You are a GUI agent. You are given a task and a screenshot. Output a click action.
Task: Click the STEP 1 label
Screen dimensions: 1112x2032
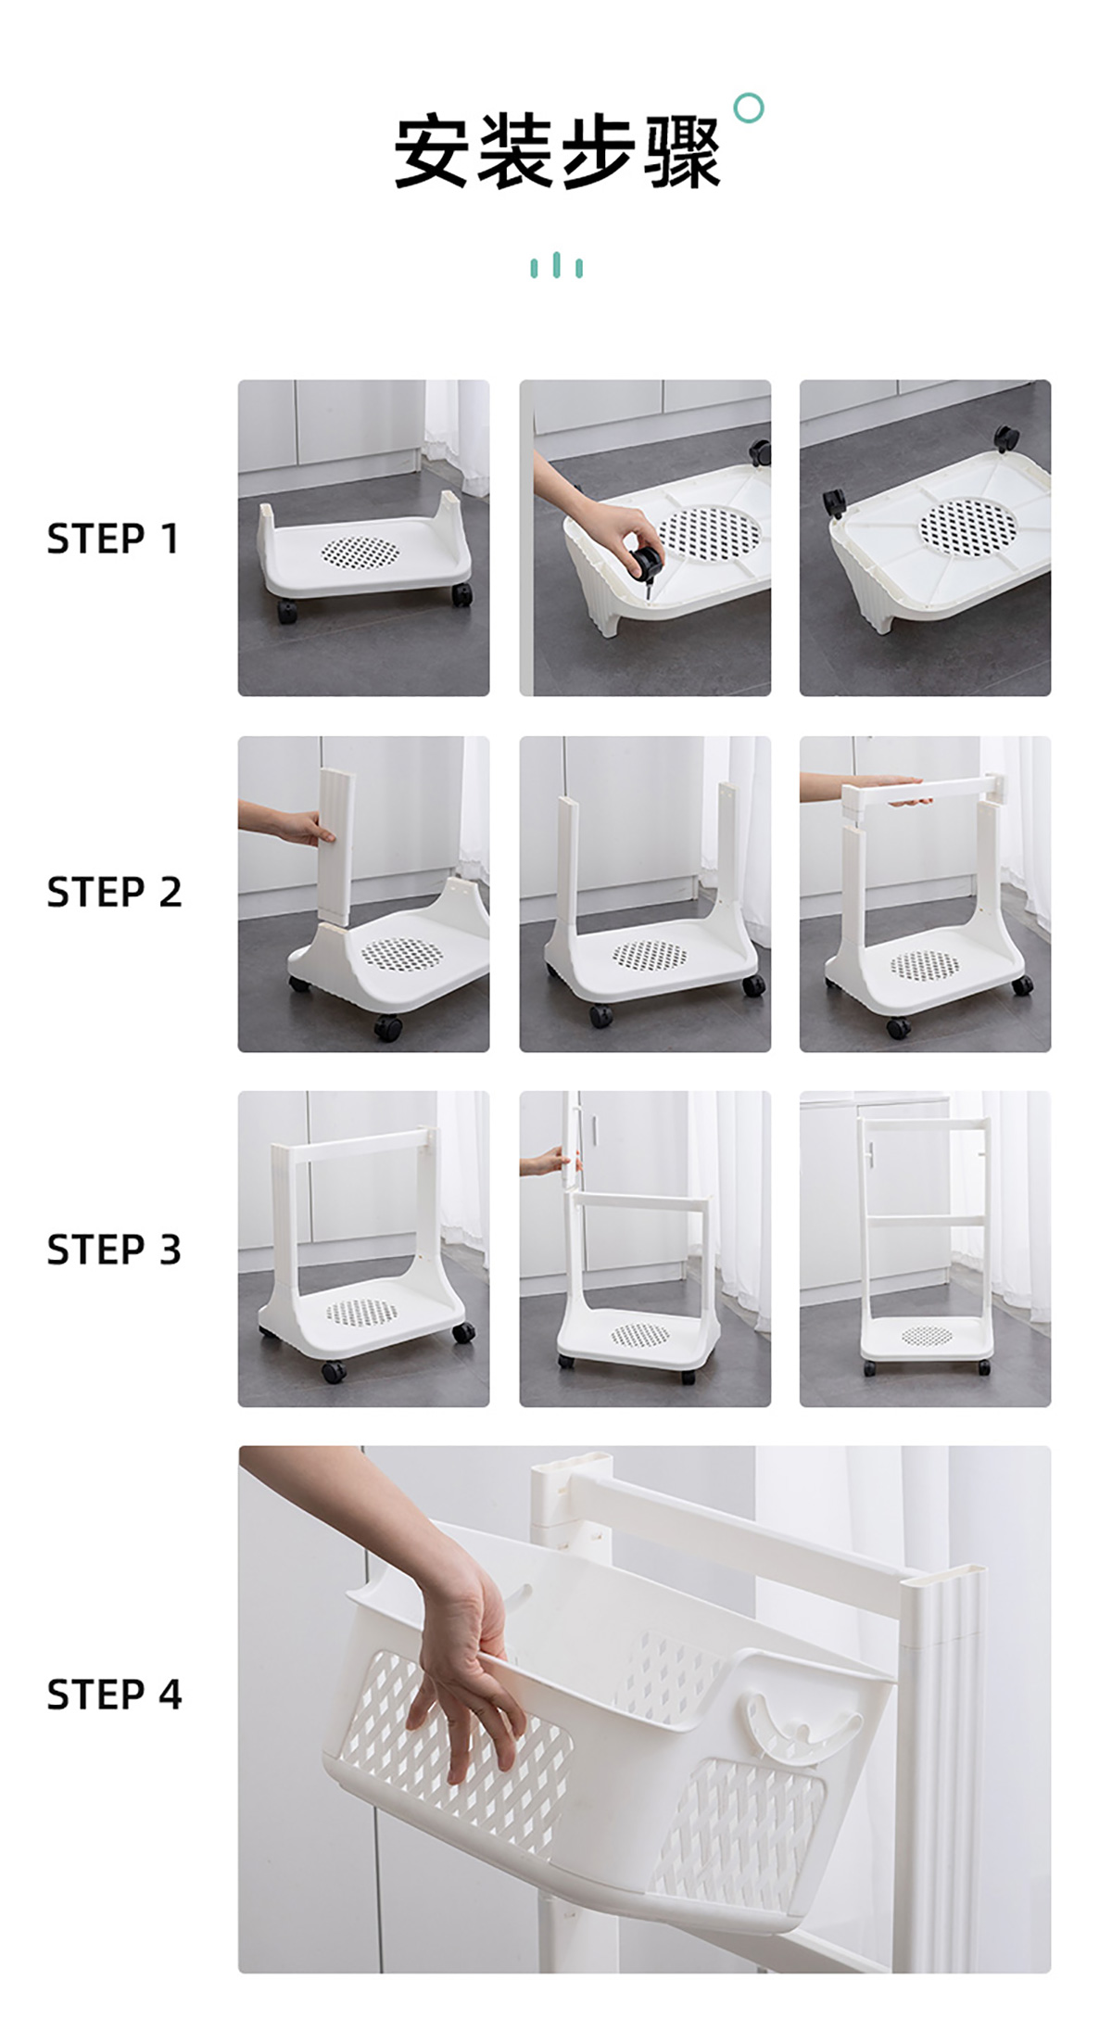(x=112, y=539)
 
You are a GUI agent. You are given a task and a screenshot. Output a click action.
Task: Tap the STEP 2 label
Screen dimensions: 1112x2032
(x=114, y=892)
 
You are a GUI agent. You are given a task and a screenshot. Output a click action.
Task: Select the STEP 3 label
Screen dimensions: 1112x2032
(x=114, y=1249)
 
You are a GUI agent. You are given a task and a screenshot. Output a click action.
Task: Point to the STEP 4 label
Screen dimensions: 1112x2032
(x=114, y=1694)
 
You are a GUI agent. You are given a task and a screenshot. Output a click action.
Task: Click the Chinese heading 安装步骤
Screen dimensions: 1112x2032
(x=557, y=152)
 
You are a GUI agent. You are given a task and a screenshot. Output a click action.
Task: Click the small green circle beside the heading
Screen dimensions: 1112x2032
(x=749, y=108)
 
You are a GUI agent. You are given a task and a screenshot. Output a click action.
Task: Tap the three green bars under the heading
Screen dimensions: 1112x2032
(x=556, y=265)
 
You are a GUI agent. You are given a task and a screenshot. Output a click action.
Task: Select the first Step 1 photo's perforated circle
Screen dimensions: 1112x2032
(x=360, y=552)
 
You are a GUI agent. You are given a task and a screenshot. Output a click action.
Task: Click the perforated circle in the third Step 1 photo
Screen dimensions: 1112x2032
(x=967, y=527)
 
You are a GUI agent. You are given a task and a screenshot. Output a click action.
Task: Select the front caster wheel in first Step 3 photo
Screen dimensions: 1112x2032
(x=334, y=1371)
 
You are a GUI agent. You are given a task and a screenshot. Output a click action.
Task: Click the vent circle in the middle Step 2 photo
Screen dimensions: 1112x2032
(x=650, y=955)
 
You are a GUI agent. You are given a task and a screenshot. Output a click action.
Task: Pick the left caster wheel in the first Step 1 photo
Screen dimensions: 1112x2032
(x=287, y=611)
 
